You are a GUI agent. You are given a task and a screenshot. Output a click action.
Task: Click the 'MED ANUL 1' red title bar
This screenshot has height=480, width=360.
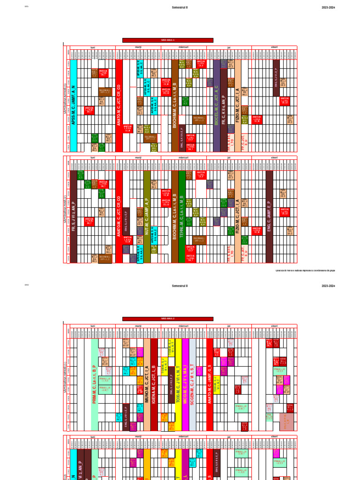click(168, 40)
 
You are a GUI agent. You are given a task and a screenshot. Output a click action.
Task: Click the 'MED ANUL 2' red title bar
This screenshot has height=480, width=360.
click(168, 319)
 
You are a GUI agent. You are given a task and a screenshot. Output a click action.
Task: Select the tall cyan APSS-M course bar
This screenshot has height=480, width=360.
click(73, 105)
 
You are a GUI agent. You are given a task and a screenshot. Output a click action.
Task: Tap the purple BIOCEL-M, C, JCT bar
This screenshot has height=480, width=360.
click(217, 105)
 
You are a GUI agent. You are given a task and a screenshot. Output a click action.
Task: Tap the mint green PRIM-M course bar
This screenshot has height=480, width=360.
click(94, 384)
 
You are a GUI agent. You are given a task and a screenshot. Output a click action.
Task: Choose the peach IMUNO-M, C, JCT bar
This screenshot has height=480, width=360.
click(147, 384)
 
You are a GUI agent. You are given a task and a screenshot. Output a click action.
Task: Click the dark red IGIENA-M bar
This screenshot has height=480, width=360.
click(154, 384)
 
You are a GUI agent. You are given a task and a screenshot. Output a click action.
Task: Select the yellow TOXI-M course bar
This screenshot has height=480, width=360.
click(178, 384)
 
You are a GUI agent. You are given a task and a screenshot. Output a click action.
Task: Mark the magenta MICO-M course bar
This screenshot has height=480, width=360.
click(185, 384)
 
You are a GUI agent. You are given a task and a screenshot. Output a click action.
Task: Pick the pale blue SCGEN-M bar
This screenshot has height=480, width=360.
click(192, 384)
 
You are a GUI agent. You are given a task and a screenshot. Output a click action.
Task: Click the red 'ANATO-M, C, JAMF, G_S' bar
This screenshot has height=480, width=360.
click(210, 384)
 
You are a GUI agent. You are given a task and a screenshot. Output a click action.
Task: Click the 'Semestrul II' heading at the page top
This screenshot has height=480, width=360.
click(180, 7)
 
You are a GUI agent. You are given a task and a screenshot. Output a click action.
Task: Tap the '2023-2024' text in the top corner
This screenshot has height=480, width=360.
click(328, 7)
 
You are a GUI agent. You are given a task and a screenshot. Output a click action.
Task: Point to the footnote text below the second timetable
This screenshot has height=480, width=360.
click(305, 270)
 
